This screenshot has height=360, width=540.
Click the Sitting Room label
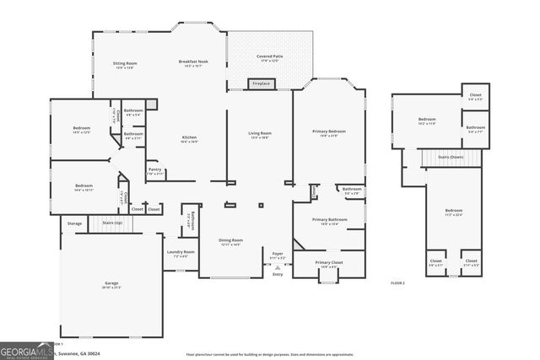coord(125,64)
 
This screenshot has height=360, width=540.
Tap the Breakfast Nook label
coord(193,64)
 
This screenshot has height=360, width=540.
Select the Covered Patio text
coord(269,56)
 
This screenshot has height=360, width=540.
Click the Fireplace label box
coord(261,83)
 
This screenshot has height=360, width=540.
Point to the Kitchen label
coord(190,139)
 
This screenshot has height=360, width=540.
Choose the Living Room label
coord(259,134)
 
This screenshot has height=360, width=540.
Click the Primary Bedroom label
coord(329,132)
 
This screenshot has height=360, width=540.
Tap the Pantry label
coord(154,170)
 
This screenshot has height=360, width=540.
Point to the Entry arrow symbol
coord(277,267)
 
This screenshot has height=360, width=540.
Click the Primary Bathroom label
coord(327,221)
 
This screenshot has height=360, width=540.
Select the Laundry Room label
coord(181,253)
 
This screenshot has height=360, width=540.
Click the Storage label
coord(75,223)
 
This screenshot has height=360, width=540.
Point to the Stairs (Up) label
coord(112,223)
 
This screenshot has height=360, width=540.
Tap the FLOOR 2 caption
coord(397,283)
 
